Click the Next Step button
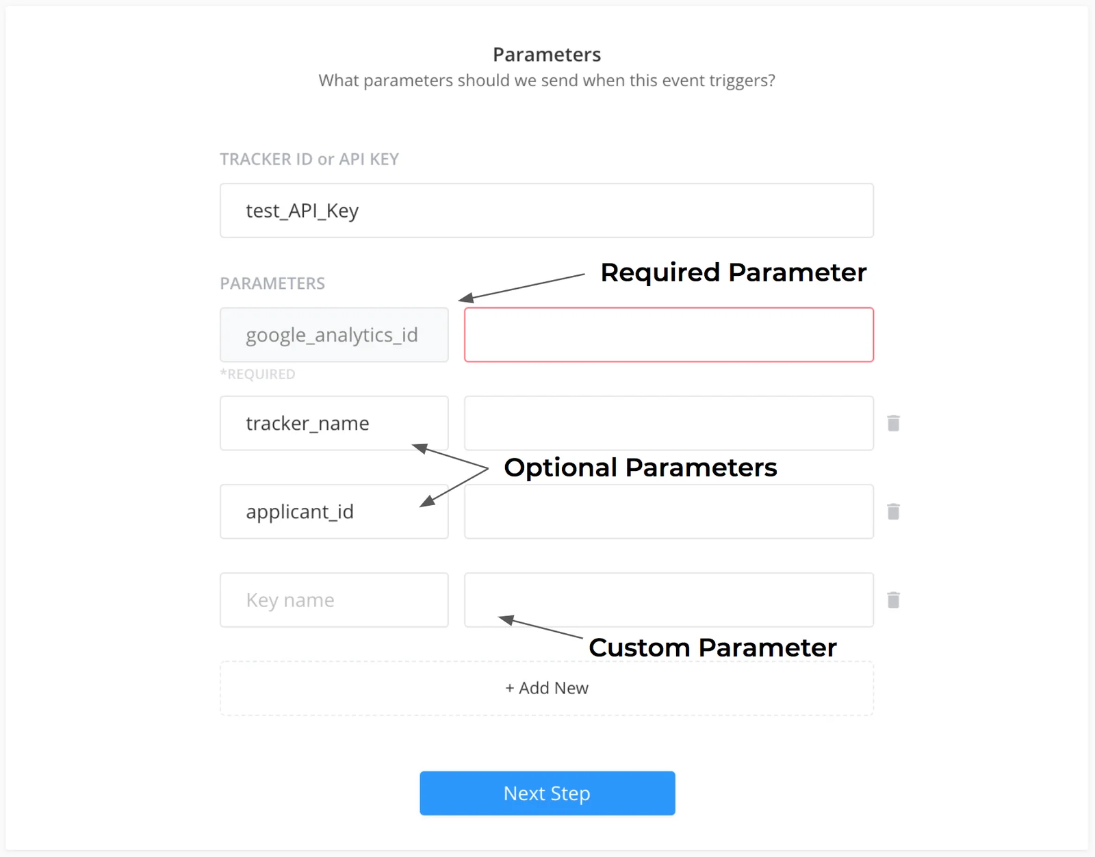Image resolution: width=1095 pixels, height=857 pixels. (x=547, y=793)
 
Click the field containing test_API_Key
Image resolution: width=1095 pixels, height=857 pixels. (x=547, y=211)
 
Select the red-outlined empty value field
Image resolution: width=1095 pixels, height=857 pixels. (x=669, y=335)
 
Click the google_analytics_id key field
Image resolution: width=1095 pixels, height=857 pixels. (x=334, y=335)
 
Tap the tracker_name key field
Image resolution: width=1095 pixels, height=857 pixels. (x=334, y=423)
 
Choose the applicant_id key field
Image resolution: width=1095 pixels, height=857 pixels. (x=334, y=511)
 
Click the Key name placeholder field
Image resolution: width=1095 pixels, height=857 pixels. (x=334, y=600)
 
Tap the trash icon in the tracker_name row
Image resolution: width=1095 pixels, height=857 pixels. (x=893, y=423)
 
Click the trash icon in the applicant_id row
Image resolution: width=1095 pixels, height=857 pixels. (x=893, y=511)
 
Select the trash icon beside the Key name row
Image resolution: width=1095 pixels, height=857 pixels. (x=893, y=600)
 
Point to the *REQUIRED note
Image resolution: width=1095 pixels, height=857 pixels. (x=257, y=374)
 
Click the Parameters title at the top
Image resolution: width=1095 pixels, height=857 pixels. (x=547, y=54)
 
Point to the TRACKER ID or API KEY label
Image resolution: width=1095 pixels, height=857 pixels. (x=309, y=159)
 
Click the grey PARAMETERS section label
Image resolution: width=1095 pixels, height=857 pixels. (x=272, y=283)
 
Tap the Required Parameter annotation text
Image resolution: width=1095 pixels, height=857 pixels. (x=734, y=272)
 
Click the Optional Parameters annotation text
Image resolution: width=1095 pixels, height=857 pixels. (x=641, y=468)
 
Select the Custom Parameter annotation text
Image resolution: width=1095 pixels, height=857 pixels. (x=712, y=648)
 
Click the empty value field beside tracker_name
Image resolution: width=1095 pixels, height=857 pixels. (x=669, y=423)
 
